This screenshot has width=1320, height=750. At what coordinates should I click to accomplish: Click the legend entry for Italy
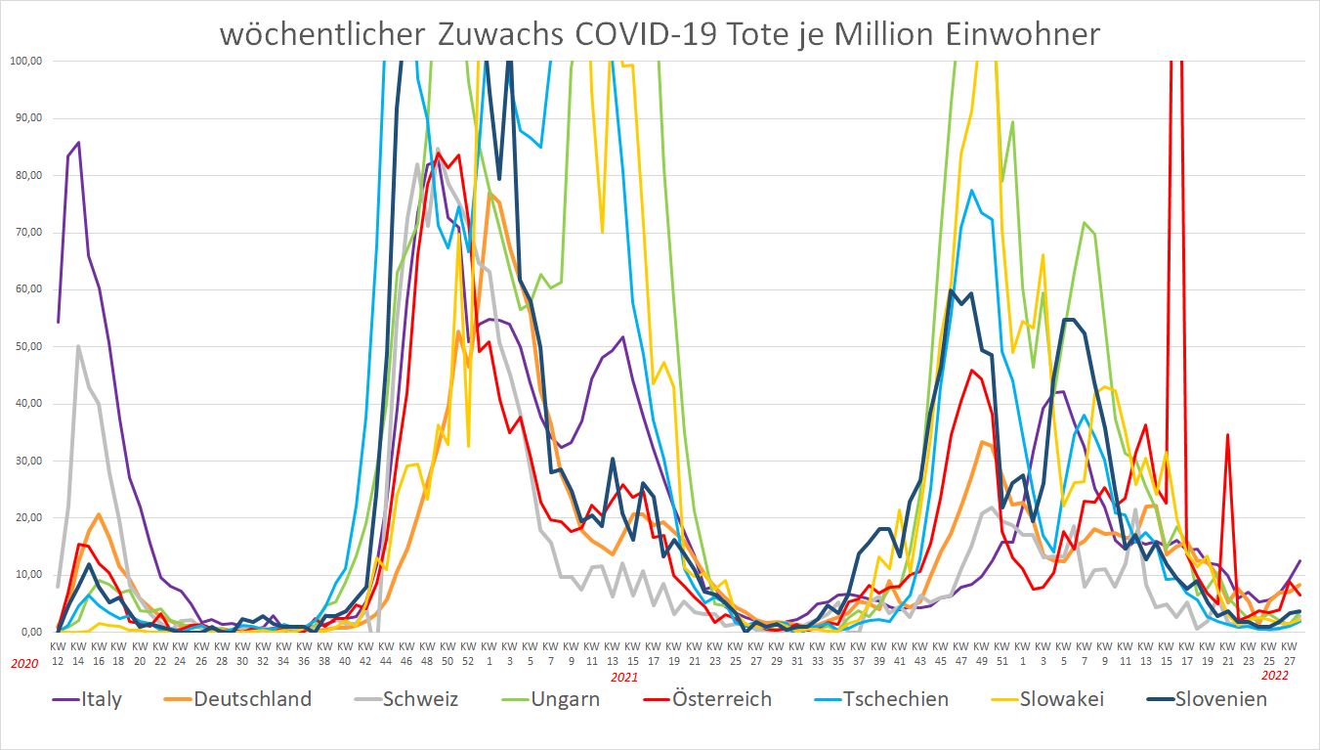(x=102, y=698)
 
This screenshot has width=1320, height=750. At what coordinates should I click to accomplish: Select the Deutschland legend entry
(x=252, y=698)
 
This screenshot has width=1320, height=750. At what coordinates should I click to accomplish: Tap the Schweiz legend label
(x=420, y=698)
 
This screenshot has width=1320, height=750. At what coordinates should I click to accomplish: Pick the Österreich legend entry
(x=722, y=698)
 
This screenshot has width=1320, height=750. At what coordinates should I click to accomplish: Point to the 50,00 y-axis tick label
(x=28, y=346)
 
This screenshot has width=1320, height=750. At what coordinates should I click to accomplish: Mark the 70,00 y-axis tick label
(x=28, y=232)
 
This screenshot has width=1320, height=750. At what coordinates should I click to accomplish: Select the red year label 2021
(x=624, y=676)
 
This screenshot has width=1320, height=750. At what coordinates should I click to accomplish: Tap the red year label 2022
(x=1274, y=675)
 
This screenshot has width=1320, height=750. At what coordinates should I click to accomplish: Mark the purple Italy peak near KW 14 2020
(x=78, y=142)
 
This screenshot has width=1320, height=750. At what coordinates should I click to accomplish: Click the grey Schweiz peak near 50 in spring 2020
(x=78, y=346)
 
